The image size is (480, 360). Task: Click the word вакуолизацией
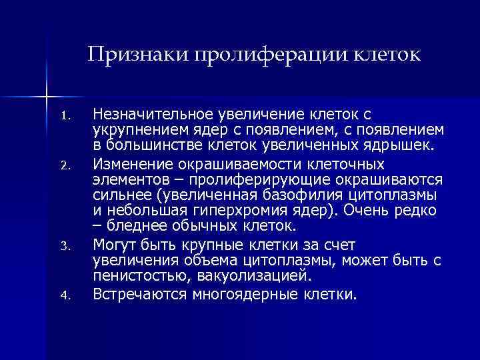247,276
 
